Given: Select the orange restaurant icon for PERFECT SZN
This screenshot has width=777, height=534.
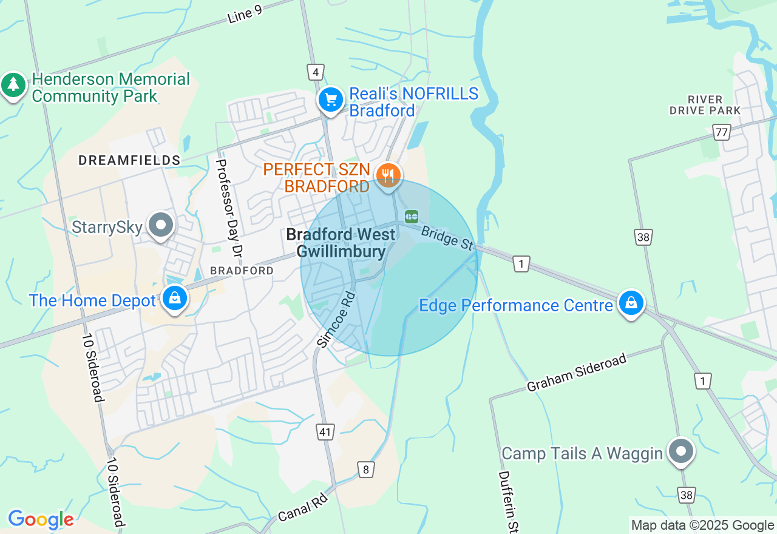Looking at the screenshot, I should point(388,176).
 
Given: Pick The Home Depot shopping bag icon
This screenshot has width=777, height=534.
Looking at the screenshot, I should point(175,299).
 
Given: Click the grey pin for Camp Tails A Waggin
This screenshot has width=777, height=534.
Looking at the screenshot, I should point(681,451).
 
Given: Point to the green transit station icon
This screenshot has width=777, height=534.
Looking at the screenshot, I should point(412,216).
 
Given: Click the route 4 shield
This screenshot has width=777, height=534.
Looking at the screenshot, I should point(314,72).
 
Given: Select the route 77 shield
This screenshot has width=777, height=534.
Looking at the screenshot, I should point(722,132).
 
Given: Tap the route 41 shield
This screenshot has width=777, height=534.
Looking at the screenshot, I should point(325,432).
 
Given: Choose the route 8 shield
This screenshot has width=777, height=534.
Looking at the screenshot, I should point(365,469).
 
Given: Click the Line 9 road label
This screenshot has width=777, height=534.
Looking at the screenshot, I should point(245,15).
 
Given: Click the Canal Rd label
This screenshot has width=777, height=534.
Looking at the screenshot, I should point(303,508).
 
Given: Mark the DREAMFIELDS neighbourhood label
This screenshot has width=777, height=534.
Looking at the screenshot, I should point(129,160).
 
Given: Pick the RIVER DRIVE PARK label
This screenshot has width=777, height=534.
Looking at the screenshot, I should point(705,105).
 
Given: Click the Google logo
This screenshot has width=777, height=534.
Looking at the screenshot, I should point(41,519).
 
